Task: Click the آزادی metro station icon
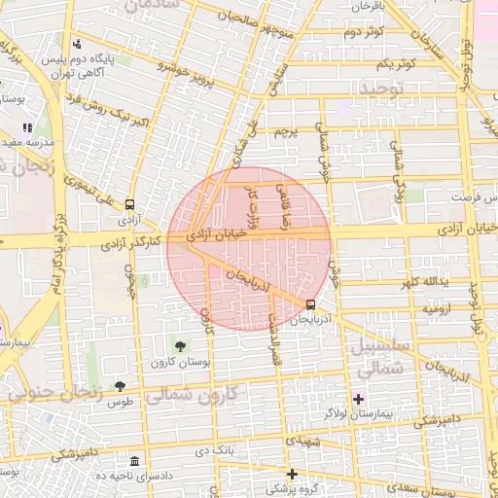129,203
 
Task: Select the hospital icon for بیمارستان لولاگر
358,399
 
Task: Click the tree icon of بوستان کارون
179,345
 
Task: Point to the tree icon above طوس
120,386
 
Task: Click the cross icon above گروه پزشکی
291,474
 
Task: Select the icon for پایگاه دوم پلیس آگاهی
77,43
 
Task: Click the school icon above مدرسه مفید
29,126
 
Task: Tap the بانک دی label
215,451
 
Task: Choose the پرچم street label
283,129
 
